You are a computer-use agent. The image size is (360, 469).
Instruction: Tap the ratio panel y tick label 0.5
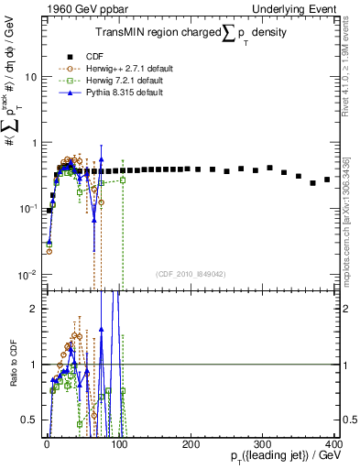click(x=29, y=420)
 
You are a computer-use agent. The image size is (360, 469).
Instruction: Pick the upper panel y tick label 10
click(x=29, y=77)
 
